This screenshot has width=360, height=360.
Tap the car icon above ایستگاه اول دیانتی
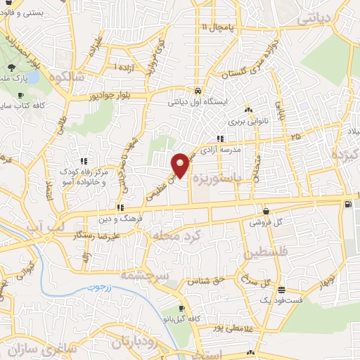pos(199,91)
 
